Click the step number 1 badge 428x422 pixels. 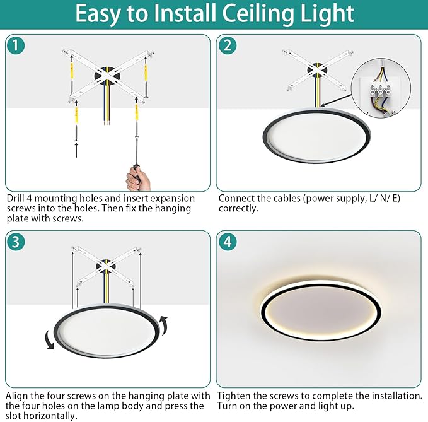pos(16,45)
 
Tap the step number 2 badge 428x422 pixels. pos(228,45)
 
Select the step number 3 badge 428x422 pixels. pos(16,242)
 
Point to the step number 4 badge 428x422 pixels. pos(228,242)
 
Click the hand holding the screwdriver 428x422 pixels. pos(138,178)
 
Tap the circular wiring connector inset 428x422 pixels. pos(381,88)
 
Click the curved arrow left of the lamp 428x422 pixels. pos(50,339)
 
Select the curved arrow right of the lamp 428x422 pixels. pos(163,325)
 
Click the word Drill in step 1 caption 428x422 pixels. pos(15,198)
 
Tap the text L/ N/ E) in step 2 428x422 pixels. pos(385,198)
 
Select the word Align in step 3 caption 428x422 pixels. pos(16,396)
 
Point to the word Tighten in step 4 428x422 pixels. pos(234,396)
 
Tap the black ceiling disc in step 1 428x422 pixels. pos(107,76)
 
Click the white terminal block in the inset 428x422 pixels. pos(379,91)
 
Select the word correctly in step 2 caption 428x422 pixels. pos(238,208)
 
